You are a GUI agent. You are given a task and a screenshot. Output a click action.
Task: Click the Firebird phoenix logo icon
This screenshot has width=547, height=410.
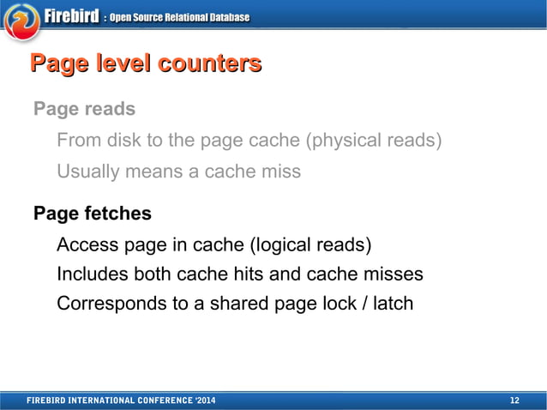pos(21,20)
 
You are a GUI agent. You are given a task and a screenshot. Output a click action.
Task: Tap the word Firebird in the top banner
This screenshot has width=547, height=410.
pos(70,16)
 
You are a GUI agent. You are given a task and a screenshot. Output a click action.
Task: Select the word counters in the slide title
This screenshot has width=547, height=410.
pos(209,63)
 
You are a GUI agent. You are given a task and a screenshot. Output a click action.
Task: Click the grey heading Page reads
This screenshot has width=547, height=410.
pos(84,110)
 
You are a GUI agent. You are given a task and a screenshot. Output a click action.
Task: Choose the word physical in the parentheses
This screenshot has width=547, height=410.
pos(352,141)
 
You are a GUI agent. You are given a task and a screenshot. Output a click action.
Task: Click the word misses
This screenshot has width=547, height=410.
pos(393,275)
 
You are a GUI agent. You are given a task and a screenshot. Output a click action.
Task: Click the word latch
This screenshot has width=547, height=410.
pos(392,303)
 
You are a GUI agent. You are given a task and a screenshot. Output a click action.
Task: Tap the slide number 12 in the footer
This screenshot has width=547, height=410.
pos(514,401)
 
